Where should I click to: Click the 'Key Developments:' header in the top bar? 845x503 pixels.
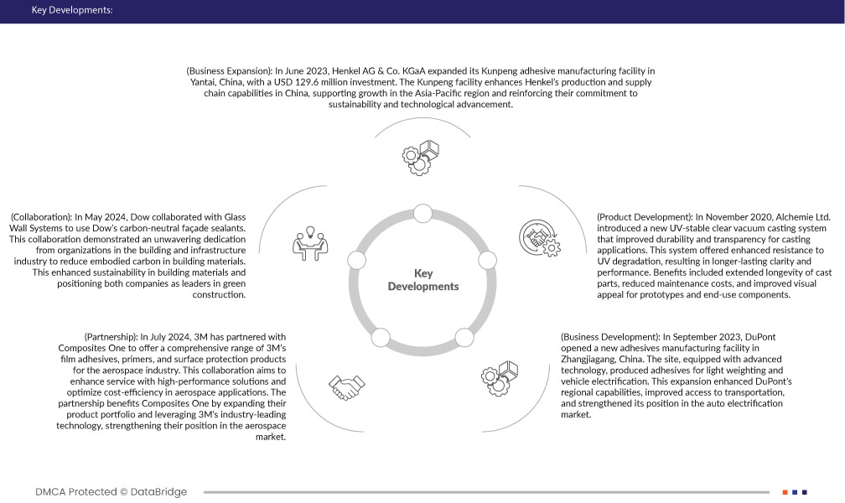point(71,11)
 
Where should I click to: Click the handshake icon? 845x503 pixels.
point(345,387)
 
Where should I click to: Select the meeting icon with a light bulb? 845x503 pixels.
point(309,241)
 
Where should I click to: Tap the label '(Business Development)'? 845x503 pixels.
point(608,337)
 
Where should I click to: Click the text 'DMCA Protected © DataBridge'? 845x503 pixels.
point(111,492)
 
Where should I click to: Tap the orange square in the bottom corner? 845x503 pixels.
point(785,492)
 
